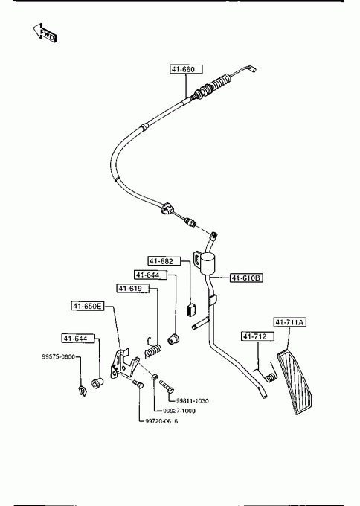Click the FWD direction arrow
click(45, 33)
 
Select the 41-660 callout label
click(186, 69)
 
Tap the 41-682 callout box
click(164, 260)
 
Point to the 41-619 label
click(133, 288)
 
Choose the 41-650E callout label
click(88, 306)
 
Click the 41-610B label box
click(246, 278)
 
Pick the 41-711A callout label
click(290, 322)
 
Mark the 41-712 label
click(258, 336)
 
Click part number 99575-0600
click(58, 356)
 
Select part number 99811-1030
click(192, 401)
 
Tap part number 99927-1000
click(179, 411)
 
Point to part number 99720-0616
click(161, 421)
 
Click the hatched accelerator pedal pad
click(295, 382)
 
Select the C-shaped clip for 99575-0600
click(83, 391)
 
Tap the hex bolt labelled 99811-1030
click(167, 385)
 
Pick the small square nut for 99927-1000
click(155, 377)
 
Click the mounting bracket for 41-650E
click(124, 362)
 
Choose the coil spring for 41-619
click(152, 348)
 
